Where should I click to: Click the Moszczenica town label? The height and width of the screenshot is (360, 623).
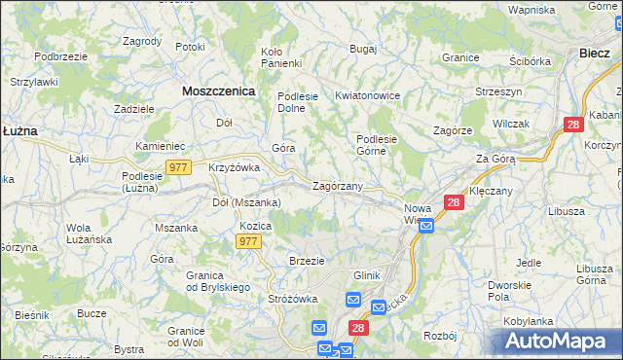click(x=218, y=90)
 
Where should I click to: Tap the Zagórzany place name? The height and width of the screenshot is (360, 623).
click(x=338, y=185)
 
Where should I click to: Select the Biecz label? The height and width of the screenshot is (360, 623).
click(x=594, y=54)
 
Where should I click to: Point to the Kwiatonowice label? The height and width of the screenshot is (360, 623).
click(x=368, y=96)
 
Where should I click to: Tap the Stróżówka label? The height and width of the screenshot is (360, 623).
click(x=294, y=299)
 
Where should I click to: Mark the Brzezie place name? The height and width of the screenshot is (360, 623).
click(x=307, y=261)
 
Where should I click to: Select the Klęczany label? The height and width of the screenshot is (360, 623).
click(x=491, y=191)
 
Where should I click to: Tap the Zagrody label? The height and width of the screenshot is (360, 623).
click(x=142, y=41)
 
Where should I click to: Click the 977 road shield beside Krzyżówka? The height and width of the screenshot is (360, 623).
click(x=177, y=167)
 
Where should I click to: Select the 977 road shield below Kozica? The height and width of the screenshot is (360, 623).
click(x=248, y=241)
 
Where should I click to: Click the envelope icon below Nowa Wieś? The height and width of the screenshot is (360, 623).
click(x=426, y=226)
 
